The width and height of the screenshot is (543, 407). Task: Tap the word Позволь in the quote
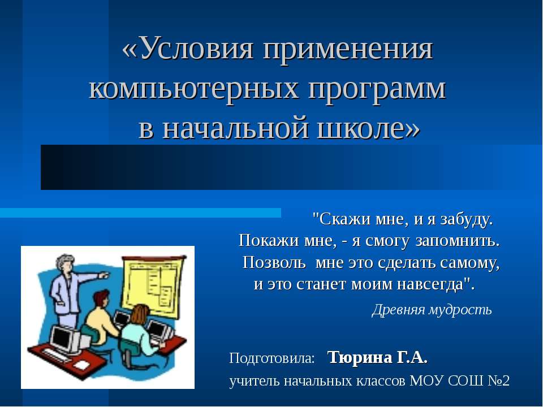pyautogui.click(x=275, y=263)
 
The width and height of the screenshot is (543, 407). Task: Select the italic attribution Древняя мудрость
pyautogui.click(x=432, y=310)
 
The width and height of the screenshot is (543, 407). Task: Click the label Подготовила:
pyautogui.click(x=272, y=358)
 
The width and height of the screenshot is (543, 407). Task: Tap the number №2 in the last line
pyautogui.click(x=497, y=381)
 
